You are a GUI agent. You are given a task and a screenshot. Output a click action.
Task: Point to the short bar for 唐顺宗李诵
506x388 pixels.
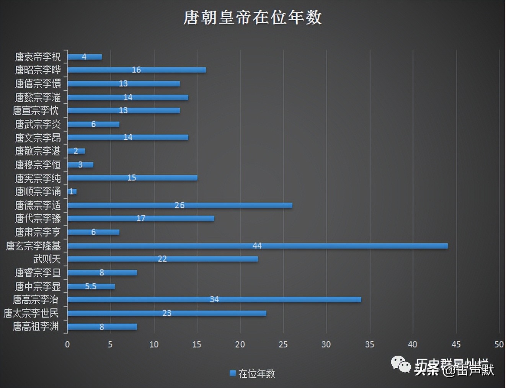click(72, 191)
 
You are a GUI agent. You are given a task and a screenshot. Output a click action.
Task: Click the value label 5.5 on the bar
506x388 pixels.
click(91, 286)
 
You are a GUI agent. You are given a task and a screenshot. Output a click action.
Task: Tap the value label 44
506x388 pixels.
click(257, 246)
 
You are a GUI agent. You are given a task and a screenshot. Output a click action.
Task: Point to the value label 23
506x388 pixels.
click(167, 313)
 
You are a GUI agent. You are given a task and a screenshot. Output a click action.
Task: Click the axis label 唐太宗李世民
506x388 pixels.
click(31, 313)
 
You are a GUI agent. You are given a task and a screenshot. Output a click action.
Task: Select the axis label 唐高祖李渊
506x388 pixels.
click(36, 326)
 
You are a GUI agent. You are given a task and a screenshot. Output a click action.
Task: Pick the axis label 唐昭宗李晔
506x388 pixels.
click(38, 70)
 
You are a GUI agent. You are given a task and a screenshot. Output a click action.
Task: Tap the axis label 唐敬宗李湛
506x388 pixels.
click(38, 151)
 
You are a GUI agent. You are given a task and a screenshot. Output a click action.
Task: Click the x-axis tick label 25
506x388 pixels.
click(283, 344)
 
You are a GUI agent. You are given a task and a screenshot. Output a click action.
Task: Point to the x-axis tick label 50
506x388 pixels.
click(499, 344)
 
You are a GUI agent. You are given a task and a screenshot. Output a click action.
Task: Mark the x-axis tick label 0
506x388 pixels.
click(67, 344)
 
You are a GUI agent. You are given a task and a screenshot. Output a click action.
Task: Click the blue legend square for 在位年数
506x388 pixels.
click(233, 373)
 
